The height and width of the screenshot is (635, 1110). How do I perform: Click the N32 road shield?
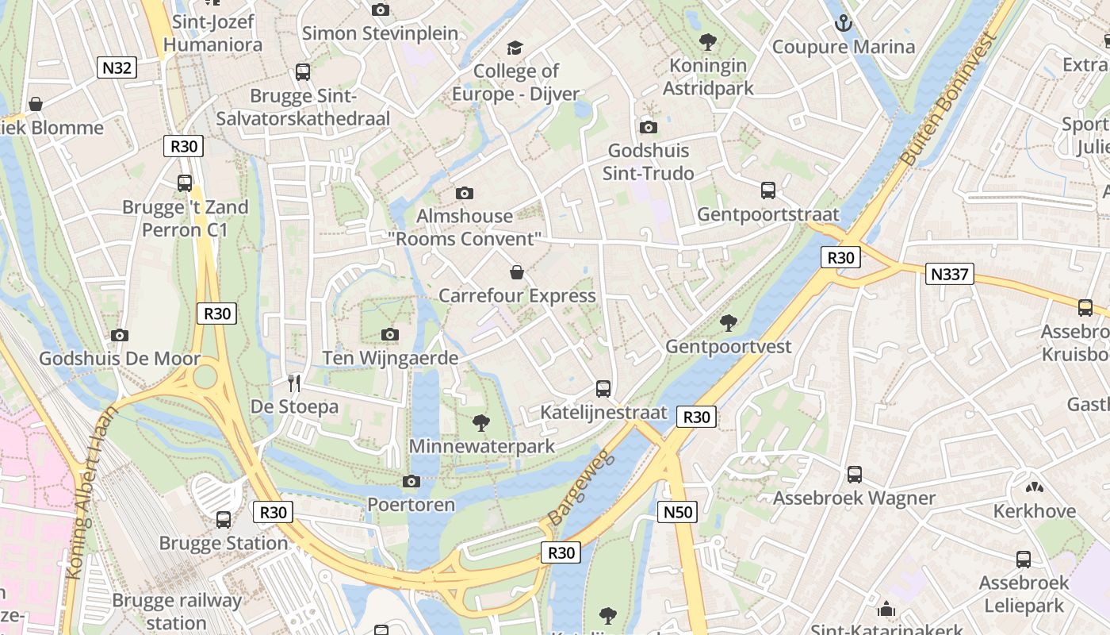click(x=117, y=67)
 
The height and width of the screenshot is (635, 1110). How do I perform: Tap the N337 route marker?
click(x=949, y=275)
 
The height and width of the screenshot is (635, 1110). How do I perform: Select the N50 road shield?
click(x=678, y=512)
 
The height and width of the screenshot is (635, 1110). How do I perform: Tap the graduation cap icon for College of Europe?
click(x=515, y=48)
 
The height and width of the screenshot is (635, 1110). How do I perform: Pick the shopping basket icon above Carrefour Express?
click(x=517, y=273)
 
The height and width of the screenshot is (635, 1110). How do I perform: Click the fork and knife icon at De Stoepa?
click(x=294, y=384)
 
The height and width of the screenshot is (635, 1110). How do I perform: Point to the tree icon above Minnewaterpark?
click(x=480, y=422)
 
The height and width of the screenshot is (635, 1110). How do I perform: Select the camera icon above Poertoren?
click(x=411, y=481)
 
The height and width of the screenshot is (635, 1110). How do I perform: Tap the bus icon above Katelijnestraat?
click(x=603, y=389)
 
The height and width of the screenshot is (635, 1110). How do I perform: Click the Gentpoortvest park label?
click(x=728, y=347)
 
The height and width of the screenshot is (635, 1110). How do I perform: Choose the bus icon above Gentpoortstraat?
click(x=767, y=190)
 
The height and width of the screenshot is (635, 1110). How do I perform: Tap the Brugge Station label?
click(x=224, y=544)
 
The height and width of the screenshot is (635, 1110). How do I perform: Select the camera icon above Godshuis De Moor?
click(x=120, y=336)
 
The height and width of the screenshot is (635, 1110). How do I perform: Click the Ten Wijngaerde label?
click(x=390, y=359)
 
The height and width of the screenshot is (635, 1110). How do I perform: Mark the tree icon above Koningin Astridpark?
click(x=708, y=42)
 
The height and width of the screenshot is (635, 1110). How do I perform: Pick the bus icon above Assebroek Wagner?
click(x=854, y=475)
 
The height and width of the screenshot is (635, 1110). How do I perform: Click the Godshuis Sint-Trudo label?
click(x=648, y=162)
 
